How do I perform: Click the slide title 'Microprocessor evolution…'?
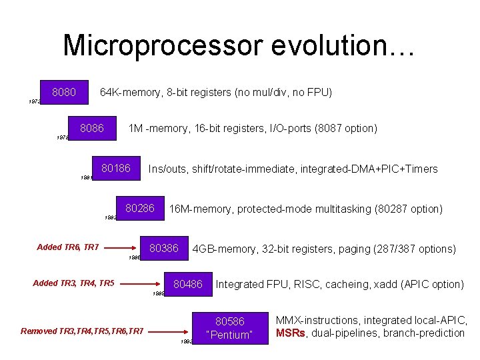click(x=239, y=45)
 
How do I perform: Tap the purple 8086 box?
click(x=92, y=129)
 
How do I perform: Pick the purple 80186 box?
click(x=116, y=169)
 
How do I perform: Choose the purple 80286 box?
click(x=139, y=209)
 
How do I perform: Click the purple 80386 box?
click(x=164, y=249)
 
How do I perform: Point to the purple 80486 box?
click(x=188, y=285)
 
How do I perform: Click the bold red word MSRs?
click(x=291, y=333)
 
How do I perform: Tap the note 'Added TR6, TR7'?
click(x=68, y=247)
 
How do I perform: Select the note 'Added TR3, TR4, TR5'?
click(x=73, y=283)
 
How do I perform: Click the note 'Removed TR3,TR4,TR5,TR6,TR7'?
click(x=82, y=331)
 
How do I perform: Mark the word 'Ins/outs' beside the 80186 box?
click(x=168, y=169)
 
